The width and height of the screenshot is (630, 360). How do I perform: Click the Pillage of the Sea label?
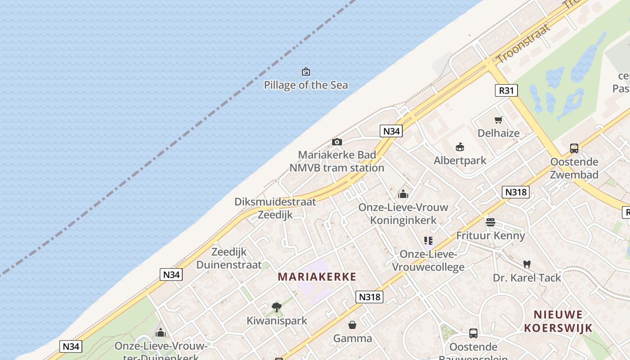tap(306, 85)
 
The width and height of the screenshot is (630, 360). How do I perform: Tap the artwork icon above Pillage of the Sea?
tap(306, 72)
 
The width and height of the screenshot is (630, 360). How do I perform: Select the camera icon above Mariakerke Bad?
tap(337, 142)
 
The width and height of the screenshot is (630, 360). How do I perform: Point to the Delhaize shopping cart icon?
tap(498, 120)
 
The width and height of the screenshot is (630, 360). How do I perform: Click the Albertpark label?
tap(460, 161)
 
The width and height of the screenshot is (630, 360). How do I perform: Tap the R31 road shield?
tap(506, 90)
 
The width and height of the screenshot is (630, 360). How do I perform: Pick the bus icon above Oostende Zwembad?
tap(574, 148)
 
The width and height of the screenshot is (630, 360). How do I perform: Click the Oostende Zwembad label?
tap(574, 168)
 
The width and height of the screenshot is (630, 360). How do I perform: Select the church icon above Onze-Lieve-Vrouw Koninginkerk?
tap(403, 194)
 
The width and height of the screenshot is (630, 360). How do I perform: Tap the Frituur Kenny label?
tap(490, 235)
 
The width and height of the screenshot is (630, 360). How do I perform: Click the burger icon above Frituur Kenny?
tap(490, 222)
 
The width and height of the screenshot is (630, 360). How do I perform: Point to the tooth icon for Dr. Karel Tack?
tap(527, 265)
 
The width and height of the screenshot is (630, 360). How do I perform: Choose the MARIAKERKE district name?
tap(317, 277)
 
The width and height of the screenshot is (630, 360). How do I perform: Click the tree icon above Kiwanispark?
tap(277, 307)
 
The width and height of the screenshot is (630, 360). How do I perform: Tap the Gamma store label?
tap(352, 338)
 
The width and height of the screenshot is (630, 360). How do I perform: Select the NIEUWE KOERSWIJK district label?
tap(558, 321)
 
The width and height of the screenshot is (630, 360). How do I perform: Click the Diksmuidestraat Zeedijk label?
tap(275, 208)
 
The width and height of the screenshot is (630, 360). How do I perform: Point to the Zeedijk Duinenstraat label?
tap(229, 258)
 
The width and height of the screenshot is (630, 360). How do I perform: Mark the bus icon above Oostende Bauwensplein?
tap(473, 333)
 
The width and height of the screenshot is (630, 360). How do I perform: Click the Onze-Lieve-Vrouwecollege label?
tap(428, 261)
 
